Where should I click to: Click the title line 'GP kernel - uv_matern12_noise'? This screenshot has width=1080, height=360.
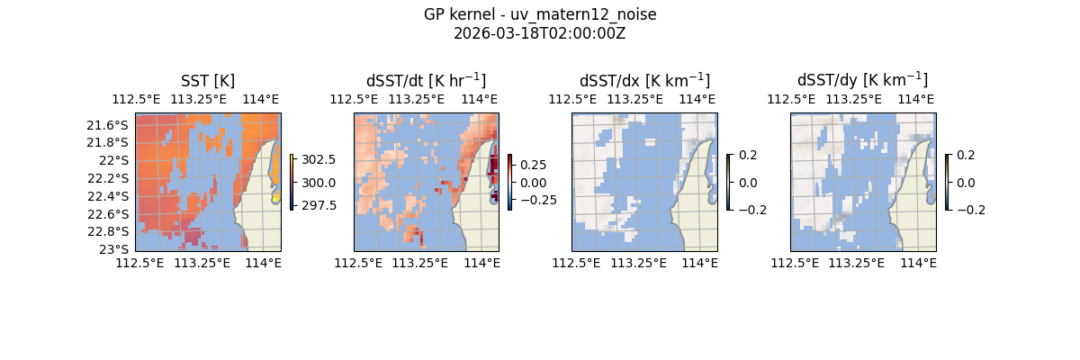[x=540, y=14]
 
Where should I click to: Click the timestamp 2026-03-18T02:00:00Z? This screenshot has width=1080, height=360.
[x=540, y=33]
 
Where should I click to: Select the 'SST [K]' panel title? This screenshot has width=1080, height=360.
[x=208, y=81]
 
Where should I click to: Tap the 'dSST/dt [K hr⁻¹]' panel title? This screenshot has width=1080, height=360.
[x=426, y=81]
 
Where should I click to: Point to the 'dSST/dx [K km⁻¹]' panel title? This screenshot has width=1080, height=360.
[x=644, y=81]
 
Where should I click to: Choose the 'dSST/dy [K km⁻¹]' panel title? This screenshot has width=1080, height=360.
[x=862, y=81]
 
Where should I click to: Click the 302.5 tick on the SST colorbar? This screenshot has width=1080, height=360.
[x=319, y=159]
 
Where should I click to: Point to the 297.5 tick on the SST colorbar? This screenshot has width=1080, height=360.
[x=319, y=205]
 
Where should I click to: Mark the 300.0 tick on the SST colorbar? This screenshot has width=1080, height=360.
[x=319, y=183]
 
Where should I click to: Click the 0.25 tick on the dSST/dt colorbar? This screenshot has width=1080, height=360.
[x=533, y=165]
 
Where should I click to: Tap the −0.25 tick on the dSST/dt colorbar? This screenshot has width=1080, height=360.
[x=536, y=200]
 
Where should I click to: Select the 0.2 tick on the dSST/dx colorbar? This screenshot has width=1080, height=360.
[x=748, y=155]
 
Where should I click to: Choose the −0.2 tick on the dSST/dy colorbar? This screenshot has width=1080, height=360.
[x=970, y=210]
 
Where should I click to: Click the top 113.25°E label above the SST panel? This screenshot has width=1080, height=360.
[x=200, y=99]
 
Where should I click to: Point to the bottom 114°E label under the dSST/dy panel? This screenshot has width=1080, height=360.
[x=918, y=263]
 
